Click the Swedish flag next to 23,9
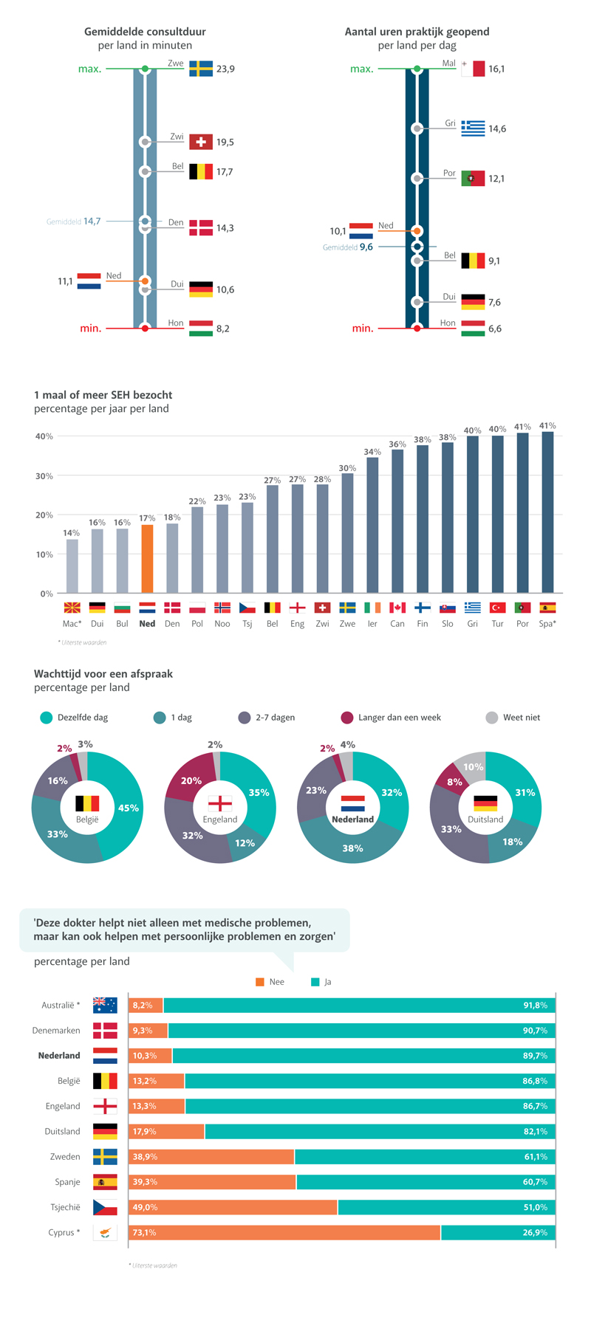(201, 69)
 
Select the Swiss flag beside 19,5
(201, 142)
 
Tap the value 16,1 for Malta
(496, 69)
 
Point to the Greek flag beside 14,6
(473, 128)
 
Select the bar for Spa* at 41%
(547, 512)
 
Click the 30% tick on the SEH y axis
(44, 476)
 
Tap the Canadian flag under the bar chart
(397, 608)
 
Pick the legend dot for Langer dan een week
(347, 718)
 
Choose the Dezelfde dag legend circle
(47, 718)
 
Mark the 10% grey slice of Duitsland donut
(471, 766)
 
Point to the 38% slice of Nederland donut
(352, 848)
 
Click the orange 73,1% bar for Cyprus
(284, 1232)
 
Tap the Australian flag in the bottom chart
(105, 1005)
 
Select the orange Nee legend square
(260, 982)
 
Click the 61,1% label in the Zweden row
(536, 1156)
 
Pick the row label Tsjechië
(65, 1207)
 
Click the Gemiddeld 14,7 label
(74, 221)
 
